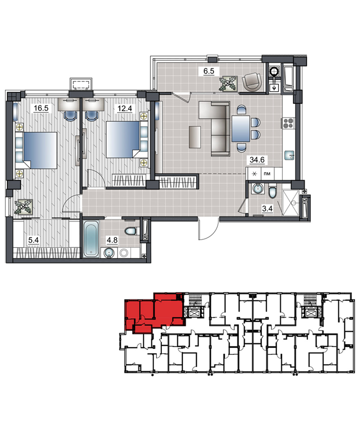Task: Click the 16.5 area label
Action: pyautogui.click(x=41, y=108)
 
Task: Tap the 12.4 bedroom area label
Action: pyautogui.click(x=125, y=108)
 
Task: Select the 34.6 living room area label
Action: pyautogui.click(x=257, y=159)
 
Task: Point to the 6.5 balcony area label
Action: pyautogui.click(x=209, y=71)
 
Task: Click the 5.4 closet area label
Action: pyautogui.click(x=34, y=240)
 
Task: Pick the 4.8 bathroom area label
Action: pyautogui.click(x=112, y=240)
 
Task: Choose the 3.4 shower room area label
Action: pyautogui.click(x=267, y=208)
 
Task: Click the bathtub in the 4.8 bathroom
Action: pyautogui.click(x=91, y=239)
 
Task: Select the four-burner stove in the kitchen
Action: pyautogui.click(x=288, y=123)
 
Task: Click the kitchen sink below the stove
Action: pyautogui.click(x=289, y=156)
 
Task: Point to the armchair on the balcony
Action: pyautogui.click(x=252, y=82)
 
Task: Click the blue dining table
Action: pyautogui.click(x=241, y=129)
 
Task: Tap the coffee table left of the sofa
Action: pyautogui.click(x=195, y=137)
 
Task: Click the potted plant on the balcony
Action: pyautogui.click(x=228, y=83)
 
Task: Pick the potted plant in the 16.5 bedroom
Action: pyautogui.click(x=24, y=207)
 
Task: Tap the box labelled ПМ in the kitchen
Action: pyautogui.click(x=267, y=173)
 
